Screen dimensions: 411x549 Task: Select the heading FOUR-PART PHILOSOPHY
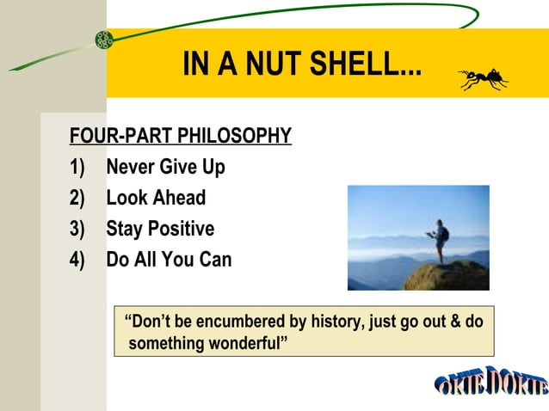pos(181,136)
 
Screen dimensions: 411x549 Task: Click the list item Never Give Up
pos(165,167)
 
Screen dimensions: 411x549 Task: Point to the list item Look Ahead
pos(156,198)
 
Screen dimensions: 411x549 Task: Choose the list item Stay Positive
pos(160,229)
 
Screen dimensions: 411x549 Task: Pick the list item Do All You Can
pos(169,259)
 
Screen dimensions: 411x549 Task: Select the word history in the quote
pos(335,322)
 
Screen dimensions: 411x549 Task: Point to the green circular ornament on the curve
pos(103,40)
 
